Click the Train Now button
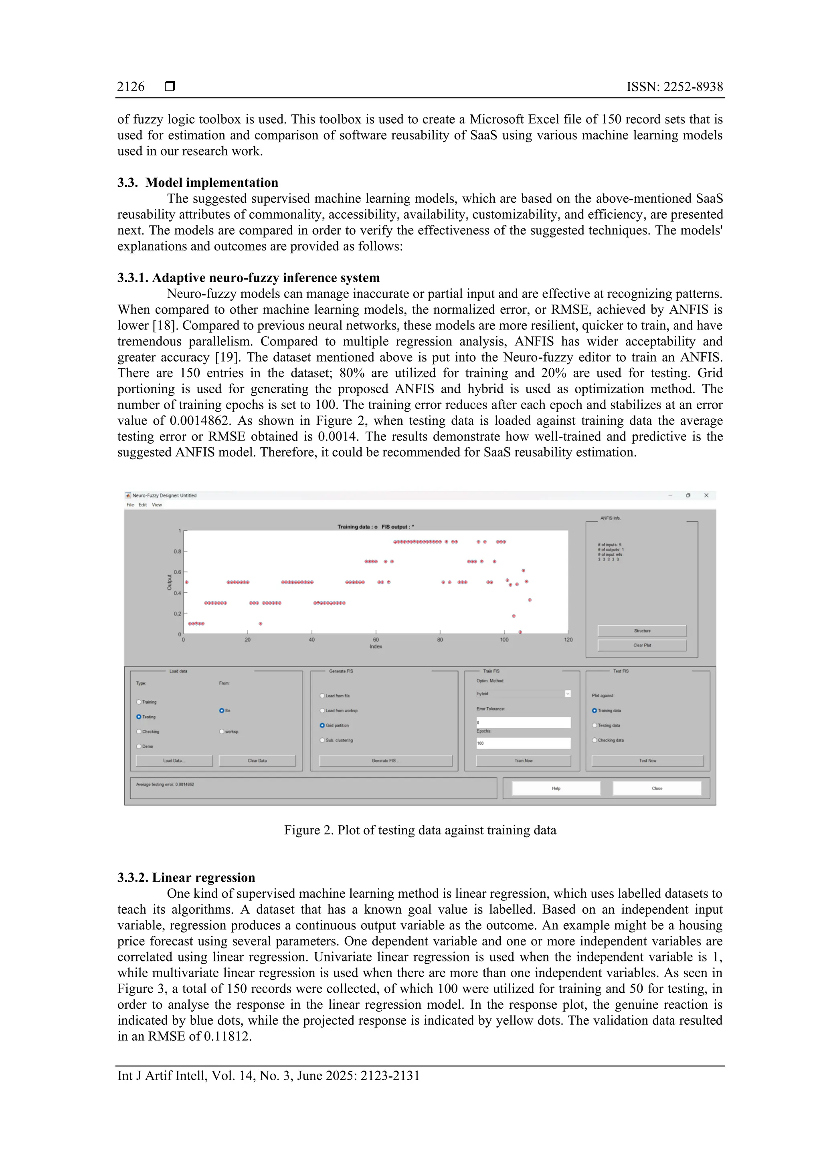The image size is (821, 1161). [x=523, y=761]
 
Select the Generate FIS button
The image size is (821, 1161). [x=386, y=761]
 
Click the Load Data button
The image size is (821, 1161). [x=174, y=761]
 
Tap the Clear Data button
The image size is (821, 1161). [x=257, y=761]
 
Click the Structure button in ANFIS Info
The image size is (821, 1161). [x=642, y=630]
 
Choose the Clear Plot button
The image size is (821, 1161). [x=642, y=645]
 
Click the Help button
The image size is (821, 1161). [x=556, y=788]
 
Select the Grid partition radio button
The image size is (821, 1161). [x=322, y=725]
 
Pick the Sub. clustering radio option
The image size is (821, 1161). [x=322, y=740]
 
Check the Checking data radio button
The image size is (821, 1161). [x=595, y=740]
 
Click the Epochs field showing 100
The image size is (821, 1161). [x=523, y=743]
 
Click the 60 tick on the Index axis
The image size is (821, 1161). [x=376, y=640]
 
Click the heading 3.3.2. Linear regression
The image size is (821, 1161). [x=186, y=877]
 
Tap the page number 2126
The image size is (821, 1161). [x=131, y=87]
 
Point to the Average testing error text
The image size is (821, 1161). [x=165, y=784]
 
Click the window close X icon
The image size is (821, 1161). [x=706, y=496]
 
